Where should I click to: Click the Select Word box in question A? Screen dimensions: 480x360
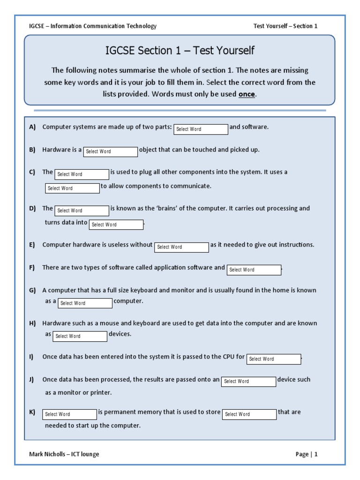[201, 129]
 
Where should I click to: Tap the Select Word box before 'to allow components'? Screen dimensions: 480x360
[73, 188]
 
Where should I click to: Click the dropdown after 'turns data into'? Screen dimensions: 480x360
[116, 225]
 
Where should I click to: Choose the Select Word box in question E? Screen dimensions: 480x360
[181, 247]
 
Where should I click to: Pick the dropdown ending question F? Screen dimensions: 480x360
[254, 270]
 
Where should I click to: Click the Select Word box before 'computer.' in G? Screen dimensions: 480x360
[85, 303]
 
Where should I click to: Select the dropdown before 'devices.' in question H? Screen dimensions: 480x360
[80, 336]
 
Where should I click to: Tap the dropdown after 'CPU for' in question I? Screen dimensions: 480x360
[274, 359]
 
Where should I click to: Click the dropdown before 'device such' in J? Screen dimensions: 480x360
[248, 382]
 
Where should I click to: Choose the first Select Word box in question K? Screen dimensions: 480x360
[69, 414]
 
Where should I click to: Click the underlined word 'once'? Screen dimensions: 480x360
[247, 94]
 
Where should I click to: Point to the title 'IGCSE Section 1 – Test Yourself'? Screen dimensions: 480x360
[180, 51]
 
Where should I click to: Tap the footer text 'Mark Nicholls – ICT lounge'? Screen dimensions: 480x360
[64, 454]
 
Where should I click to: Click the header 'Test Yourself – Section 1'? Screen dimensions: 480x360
[285, 26]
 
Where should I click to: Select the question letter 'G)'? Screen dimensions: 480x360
[32, 290]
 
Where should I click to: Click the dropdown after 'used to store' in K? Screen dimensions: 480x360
[249, 414]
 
